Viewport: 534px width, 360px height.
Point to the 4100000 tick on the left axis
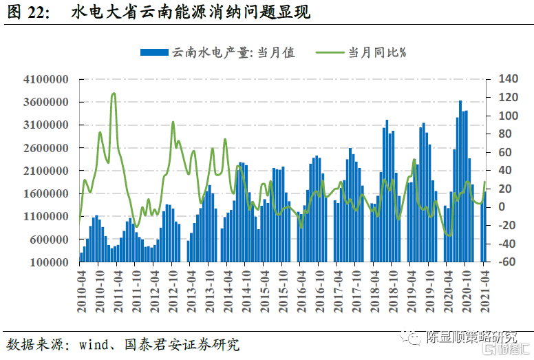45,80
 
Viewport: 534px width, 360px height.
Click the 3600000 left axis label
45,103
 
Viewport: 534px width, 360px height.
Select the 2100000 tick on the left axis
45,171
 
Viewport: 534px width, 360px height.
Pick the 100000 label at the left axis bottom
47,262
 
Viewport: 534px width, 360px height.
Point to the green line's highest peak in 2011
114,94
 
